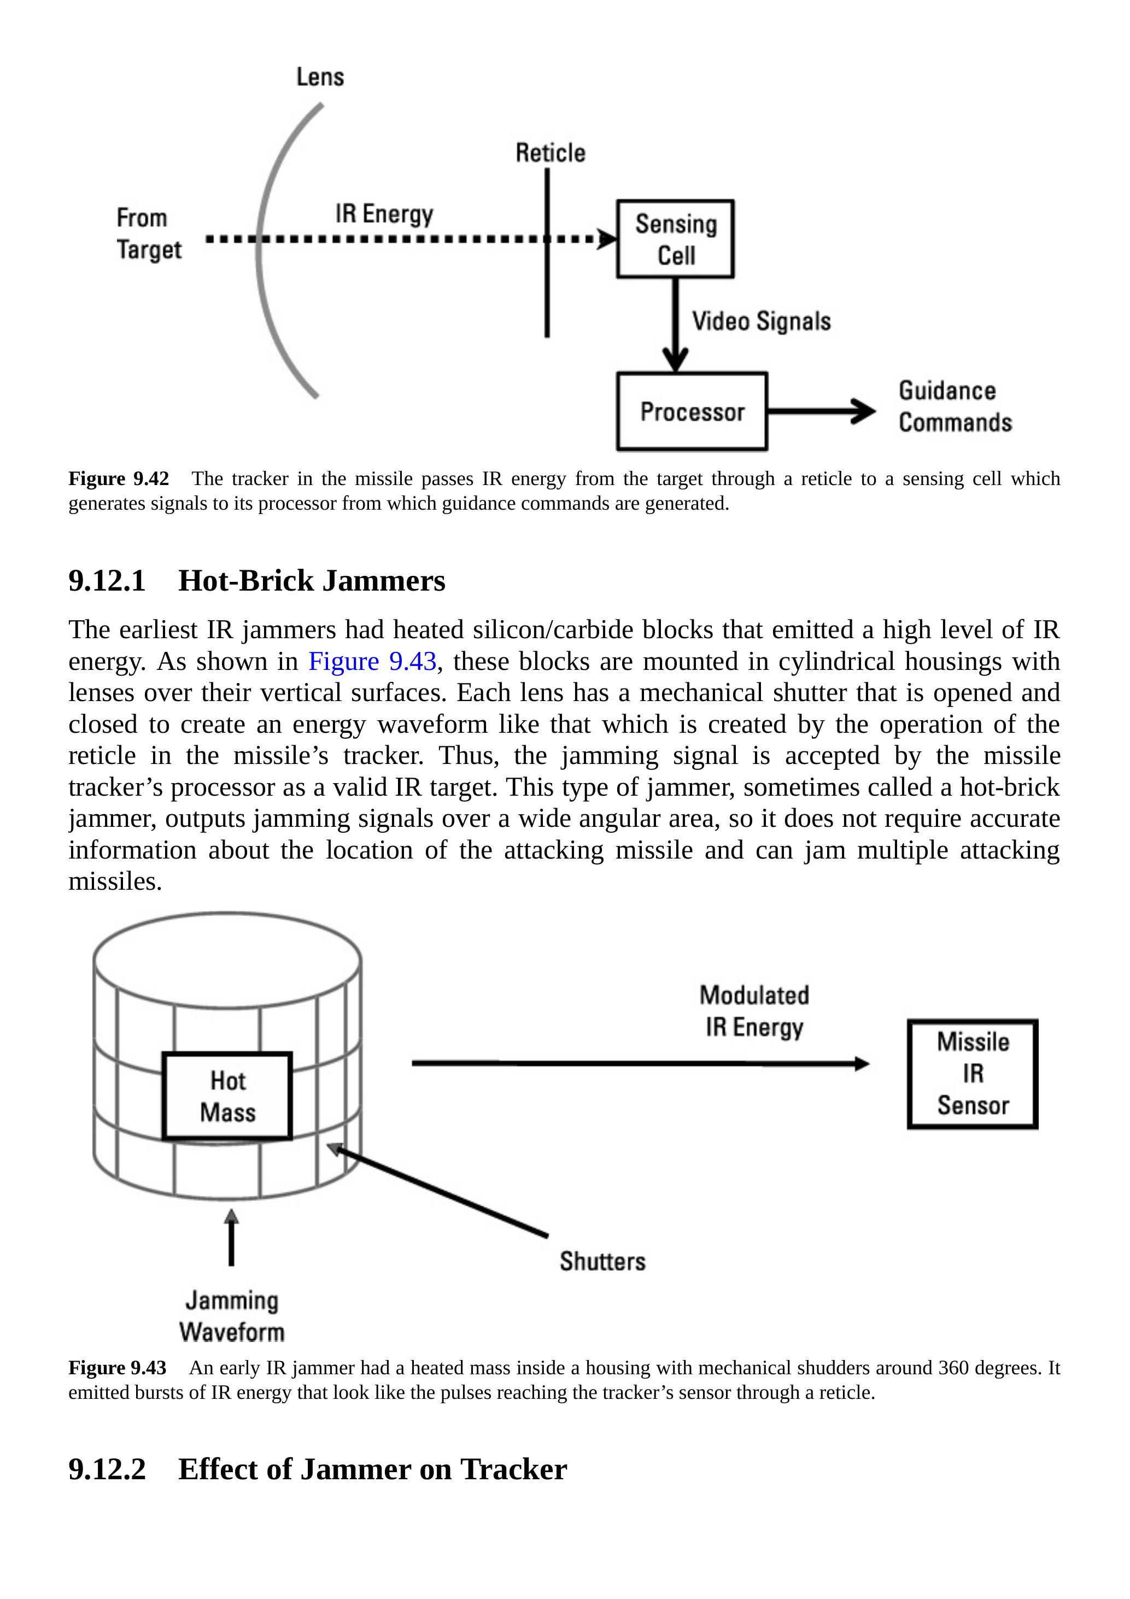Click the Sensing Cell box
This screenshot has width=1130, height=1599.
[675, 239]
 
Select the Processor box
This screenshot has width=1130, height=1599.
[692, 412]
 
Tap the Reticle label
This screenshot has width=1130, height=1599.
[550, 153]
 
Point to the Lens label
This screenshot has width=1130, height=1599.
[320, 77]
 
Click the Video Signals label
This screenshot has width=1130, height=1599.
[761, 321]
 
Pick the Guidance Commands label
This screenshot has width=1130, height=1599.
[955, 407]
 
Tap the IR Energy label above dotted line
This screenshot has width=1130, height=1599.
[384, 214]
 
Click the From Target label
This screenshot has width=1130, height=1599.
[148, 234]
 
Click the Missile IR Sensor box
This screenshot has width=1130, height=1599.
[972, 1073]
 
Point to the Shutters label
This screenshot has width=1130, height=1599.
[602, 1261]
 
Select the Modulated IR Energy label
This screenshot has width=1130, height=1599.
[754, 1011]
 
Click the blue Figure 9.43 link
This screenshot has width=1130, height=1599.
[372, 661]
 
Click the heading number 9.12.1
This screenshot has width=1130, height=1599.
[107, 581]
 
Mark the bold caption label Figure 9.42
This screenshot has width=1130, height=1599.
[119, 478]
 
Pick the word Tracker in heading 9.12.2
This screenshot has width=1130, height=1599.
[513, 1469]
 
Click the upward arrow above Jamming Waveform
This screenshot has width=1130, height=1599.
[231, 1238]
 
